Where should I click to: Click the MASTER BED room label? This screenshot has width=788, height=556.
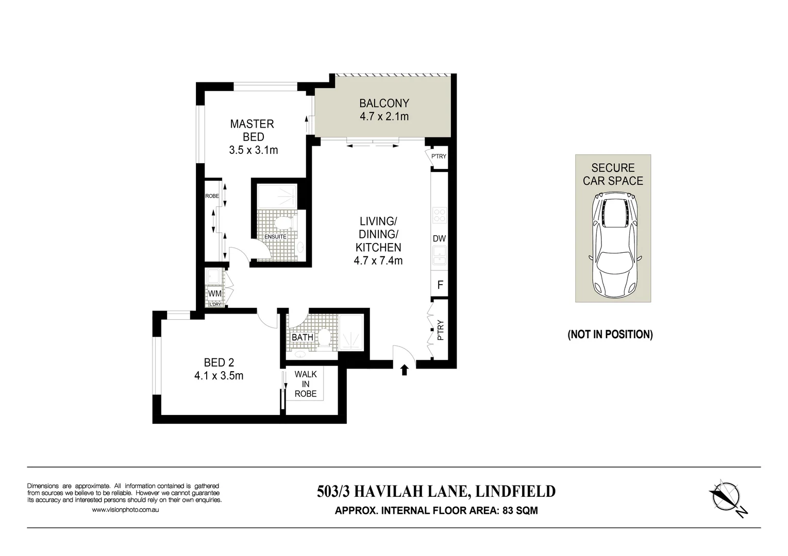point(252,130)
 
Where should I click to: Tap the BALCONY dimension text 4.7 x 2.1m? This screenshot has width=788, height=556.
point(384,117)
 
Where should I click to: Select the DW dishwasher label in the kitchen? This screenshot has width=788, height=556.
point(439,239)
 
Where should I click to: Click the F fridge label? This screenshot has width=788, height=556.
point(440,285)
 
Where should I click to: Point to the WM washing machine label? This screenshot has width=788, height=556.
point(214,293)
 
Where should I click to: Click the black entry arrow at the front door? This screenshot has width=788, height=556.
point(405,369)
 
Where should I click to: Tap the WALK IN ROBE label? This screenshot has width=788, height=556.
point(306,384)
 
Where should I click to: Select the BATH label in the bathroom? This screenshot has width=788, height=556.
point(303,337)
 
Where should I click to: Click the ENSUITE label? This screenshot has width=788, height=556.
point(275,237)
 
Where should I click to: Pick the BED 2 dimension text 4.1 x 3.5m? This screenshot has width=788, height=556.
point(219,376)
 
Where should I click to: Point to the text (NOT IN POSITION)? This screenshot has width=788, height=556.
point(610,335)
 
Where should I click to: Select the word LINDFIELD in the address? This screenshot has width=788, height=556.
point(515,492)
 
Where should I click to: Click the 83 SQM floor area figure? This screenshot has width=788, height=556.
point(521,511)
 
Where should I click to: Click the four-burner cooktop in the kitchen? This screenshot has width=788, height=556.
point(439,215)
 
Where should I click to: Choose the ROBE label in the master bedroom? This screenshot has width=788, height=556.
point(212,196)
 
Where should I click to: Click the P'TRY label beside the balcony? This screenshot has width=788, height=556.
point(439,157)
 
